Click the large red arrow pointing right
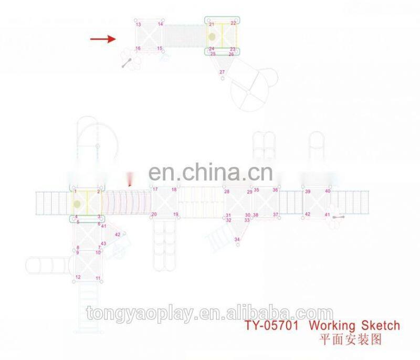click(102, 39)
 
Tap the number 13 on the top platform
click(138, 25)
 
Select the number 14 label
click(160, 25)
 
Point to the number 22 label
click(233, 24)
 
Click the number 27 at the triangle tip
click(222, 72)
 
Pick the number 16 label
click(138, 48)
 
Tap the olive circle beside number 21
click(212, 37)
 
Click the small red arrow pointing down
click(130, 182)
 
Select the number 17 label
click(155, 189)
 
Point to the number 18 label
click(174, 189)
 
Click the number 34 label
click(237, 239)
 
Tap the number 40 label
click(328, 191)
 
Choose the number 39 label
click(308, 192)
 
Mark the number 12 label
click(78, 277)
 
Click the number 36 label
click(275, 190)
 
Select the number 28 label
click(227, 192)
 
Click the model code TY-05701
click(272, 326)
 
